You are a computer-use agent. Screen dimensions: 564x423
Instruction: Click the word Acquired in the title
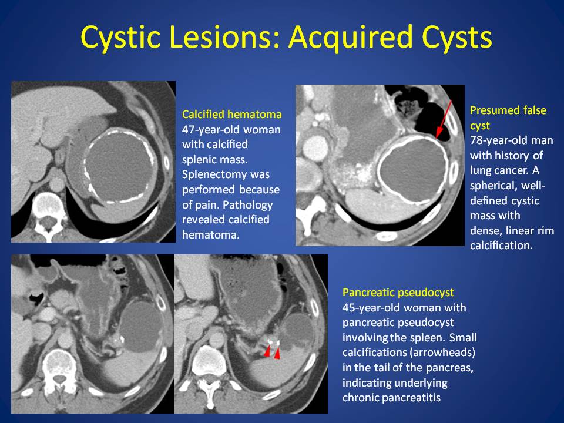tap(351, 38)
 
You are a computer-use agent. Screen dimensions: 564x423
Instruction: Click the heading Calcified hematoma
tap(231, 115)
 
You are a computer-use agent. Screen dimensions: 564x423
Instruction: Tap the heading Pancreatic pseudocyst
tap(398, 293)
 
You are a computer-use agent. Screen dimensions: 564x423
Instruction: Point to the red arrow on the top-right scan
tap(443, 119)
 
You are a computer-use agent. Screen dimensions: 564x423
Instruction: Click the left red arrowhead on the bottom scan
tap(267, 351)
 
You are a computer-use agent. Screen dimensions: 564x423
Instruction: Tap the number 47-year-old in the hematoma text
tap(209, 129)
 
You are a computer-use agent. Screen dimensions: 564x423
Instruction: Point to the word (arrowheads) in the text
tap(444, 352)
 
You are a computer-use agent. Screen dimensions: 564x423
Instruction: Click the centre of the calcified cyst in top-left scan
tap(119, 166)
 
